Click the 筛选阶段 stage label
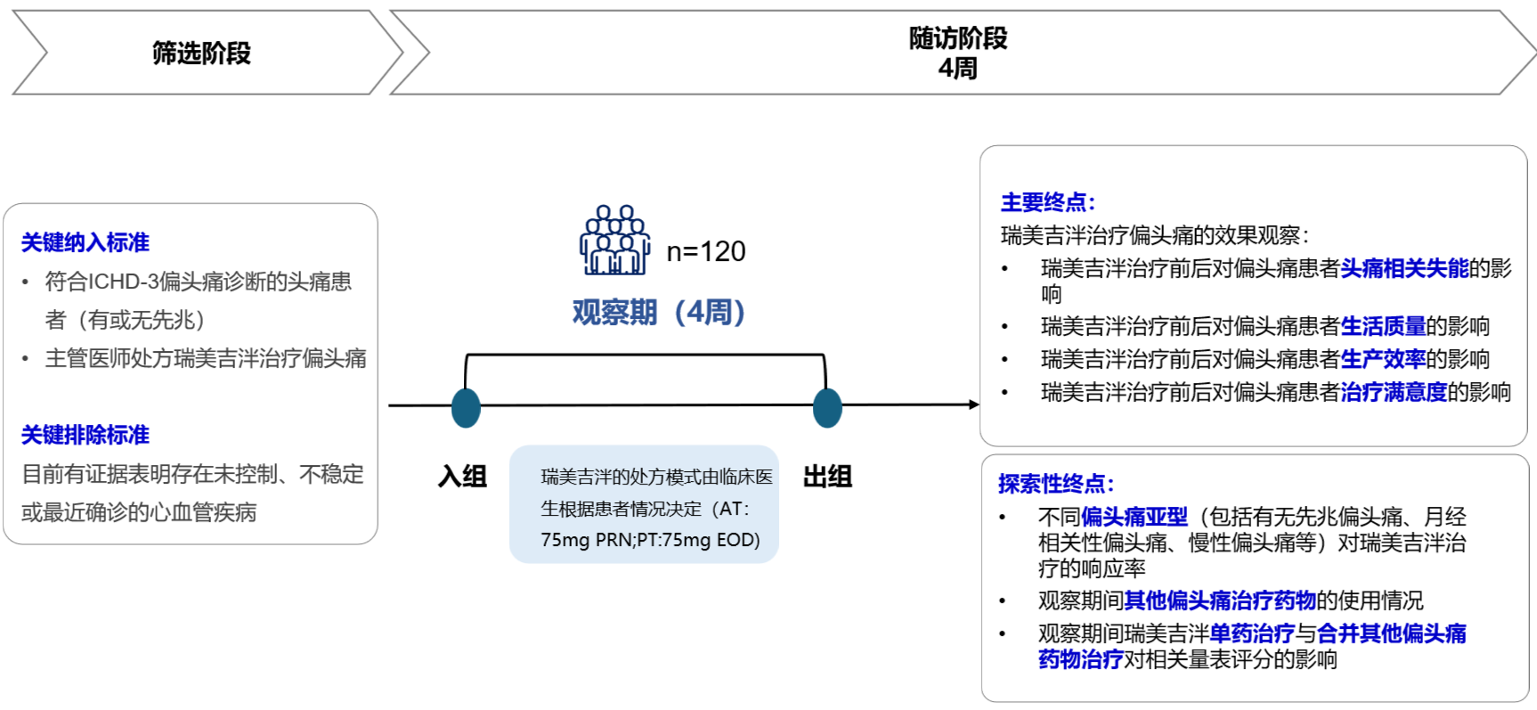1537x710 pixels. [x=201, y=53]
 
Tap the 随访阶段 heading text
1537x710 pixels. [x=958, y=38]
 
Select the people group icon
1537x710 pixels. [x=614, y=241]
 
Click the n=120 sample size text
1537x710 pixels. [x=706, y=252]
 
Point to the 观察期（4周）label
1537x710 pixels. [x=659, y=313]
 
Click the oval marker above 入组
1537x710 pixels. [x=466, y=408]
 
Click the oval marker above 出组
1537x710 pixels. [x=827, y=408]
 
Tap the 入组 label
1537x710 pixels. [x=462, y=477]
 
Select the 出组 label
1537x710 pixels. [x=827, y=477]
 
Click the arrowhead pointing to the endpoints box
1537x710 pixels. [x=973, y=404]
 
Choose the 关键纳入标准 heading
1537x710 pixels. [x=85, y=242]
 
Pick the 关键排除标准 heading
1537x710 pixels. [x=85, y=435]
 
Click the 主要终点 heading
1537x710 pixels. [x=1047, y=202]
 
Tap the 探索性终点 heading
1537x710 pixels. [x=1055, y=484]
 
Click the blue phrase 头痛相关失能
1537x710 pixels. [x=1404, y=268]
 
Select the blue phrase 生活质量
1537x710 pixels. [x=1383, y=326]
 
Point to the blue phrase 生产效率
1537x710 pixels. [x=1383, y=359]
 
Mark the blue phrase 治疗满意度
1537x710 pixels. [x=1394, y=392]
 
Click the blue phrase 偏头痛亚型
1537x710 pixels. [x=1134, y=517]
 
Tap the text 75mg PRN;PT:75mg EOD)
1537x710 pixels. [x=650, y=540]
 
